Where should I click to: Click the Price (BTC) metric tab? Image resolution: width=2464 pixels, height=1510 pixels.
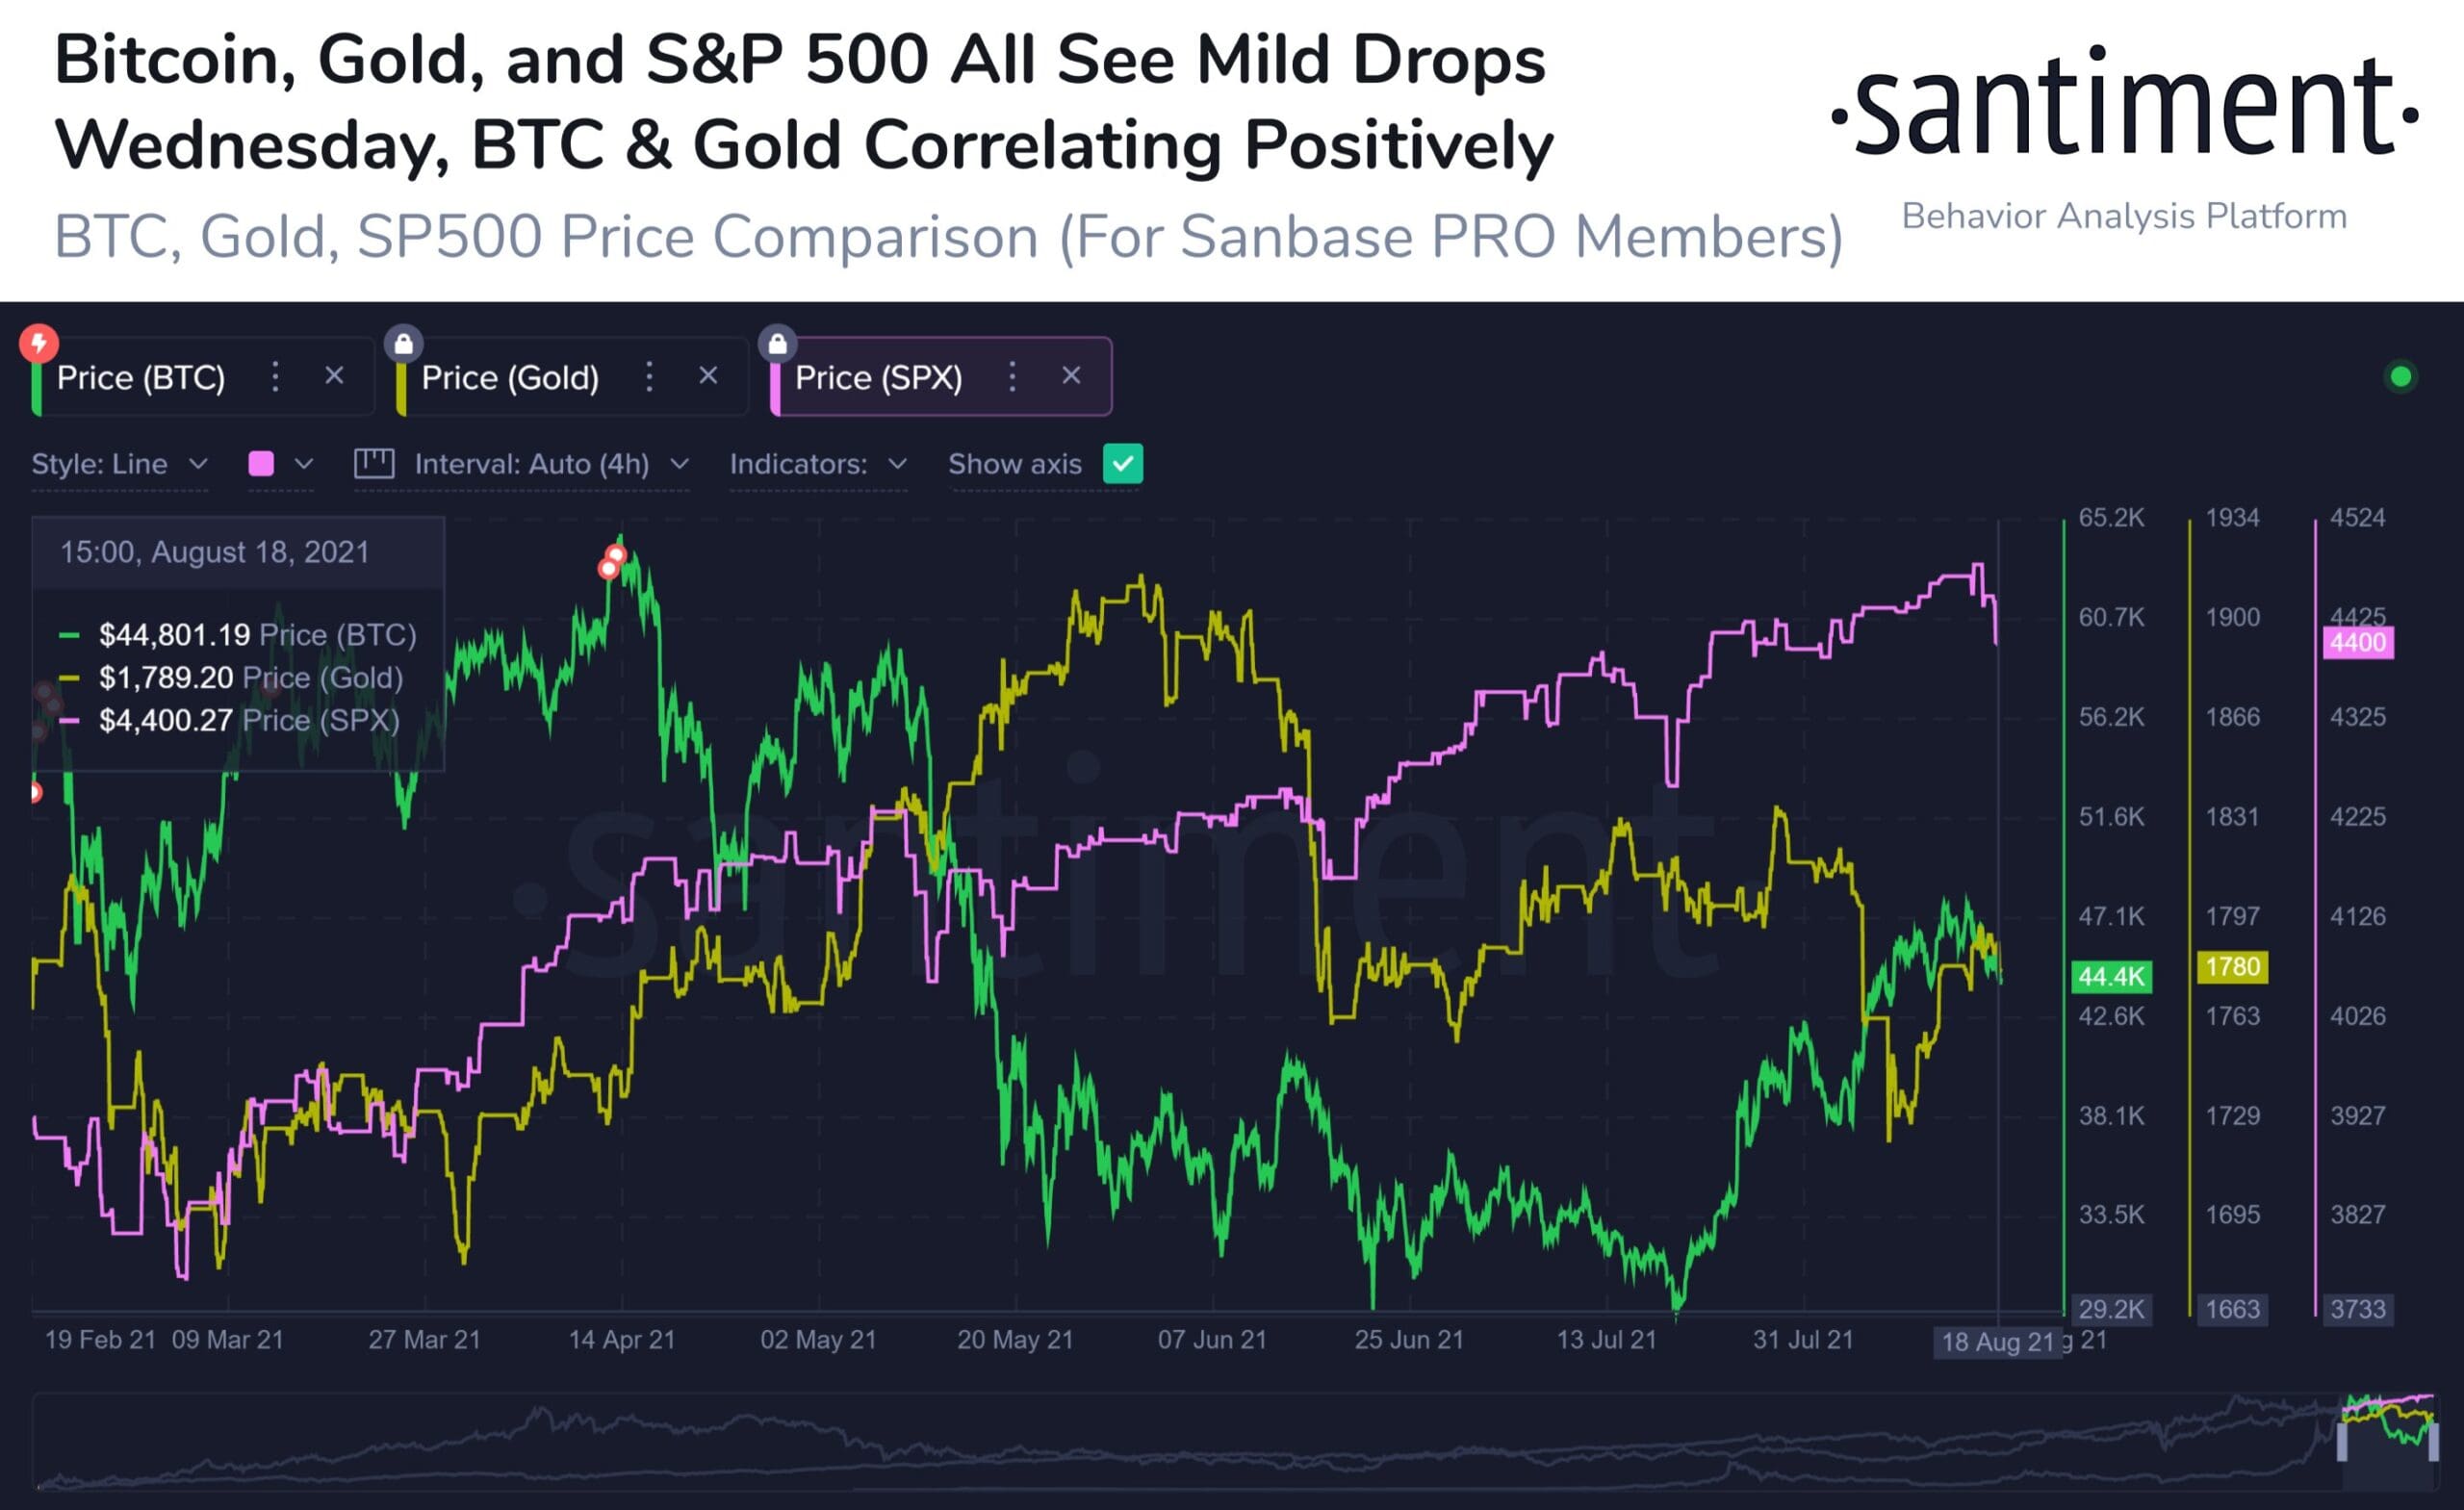(x=141, y=378)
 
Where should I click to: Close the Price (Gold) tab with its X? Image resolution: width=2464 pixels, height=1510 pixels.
(x=708, y=376)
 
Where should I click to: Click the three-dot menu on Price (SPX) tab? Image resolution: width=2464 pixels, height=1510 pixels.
(x=1012, y=377)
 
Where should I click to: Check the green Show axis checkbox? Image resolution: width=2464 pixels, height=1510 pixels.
(x=1123, y=464)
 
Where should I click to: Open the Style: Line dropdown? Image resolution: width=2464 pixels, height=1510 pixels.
(x=119, y=464)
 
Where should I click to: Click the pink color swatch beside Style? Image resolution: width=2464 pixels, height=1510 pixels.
(x=261, y=464)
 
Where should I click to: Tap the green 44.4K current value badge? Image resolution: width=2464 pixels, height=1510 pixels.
(x=2111, y=976)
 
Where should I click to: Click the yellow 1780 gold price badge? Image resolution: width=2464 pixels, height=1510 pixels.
(x=2232, y=967)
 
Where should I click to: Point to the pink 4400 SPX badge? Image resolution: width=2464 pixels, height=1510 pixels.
(x=2357, y=642)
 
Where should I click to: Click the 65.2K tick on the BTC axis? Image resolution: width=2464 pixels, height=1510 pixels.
(x=2111, y=518)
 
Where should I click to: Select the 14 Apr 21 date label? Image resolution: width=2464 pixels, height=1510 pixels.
(x=621, y=1340)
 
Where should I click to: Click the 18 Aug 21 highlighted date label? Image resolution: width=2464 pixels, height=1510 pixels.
(x=1996, y=1342)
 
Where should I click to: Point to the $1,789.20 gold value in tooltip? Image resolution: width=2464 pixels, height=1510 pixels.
(x=166, y=678)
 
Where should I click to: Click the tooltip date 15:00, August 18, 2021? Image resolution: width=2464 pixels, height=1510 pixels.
(x=215, y=552)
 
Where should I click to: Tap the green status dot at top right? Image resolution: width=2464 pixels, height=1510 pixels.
(x=2400, y=377)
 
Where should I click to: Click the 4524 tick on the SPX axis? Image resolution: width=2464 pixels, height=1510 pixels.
(x=2357, y=518)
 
